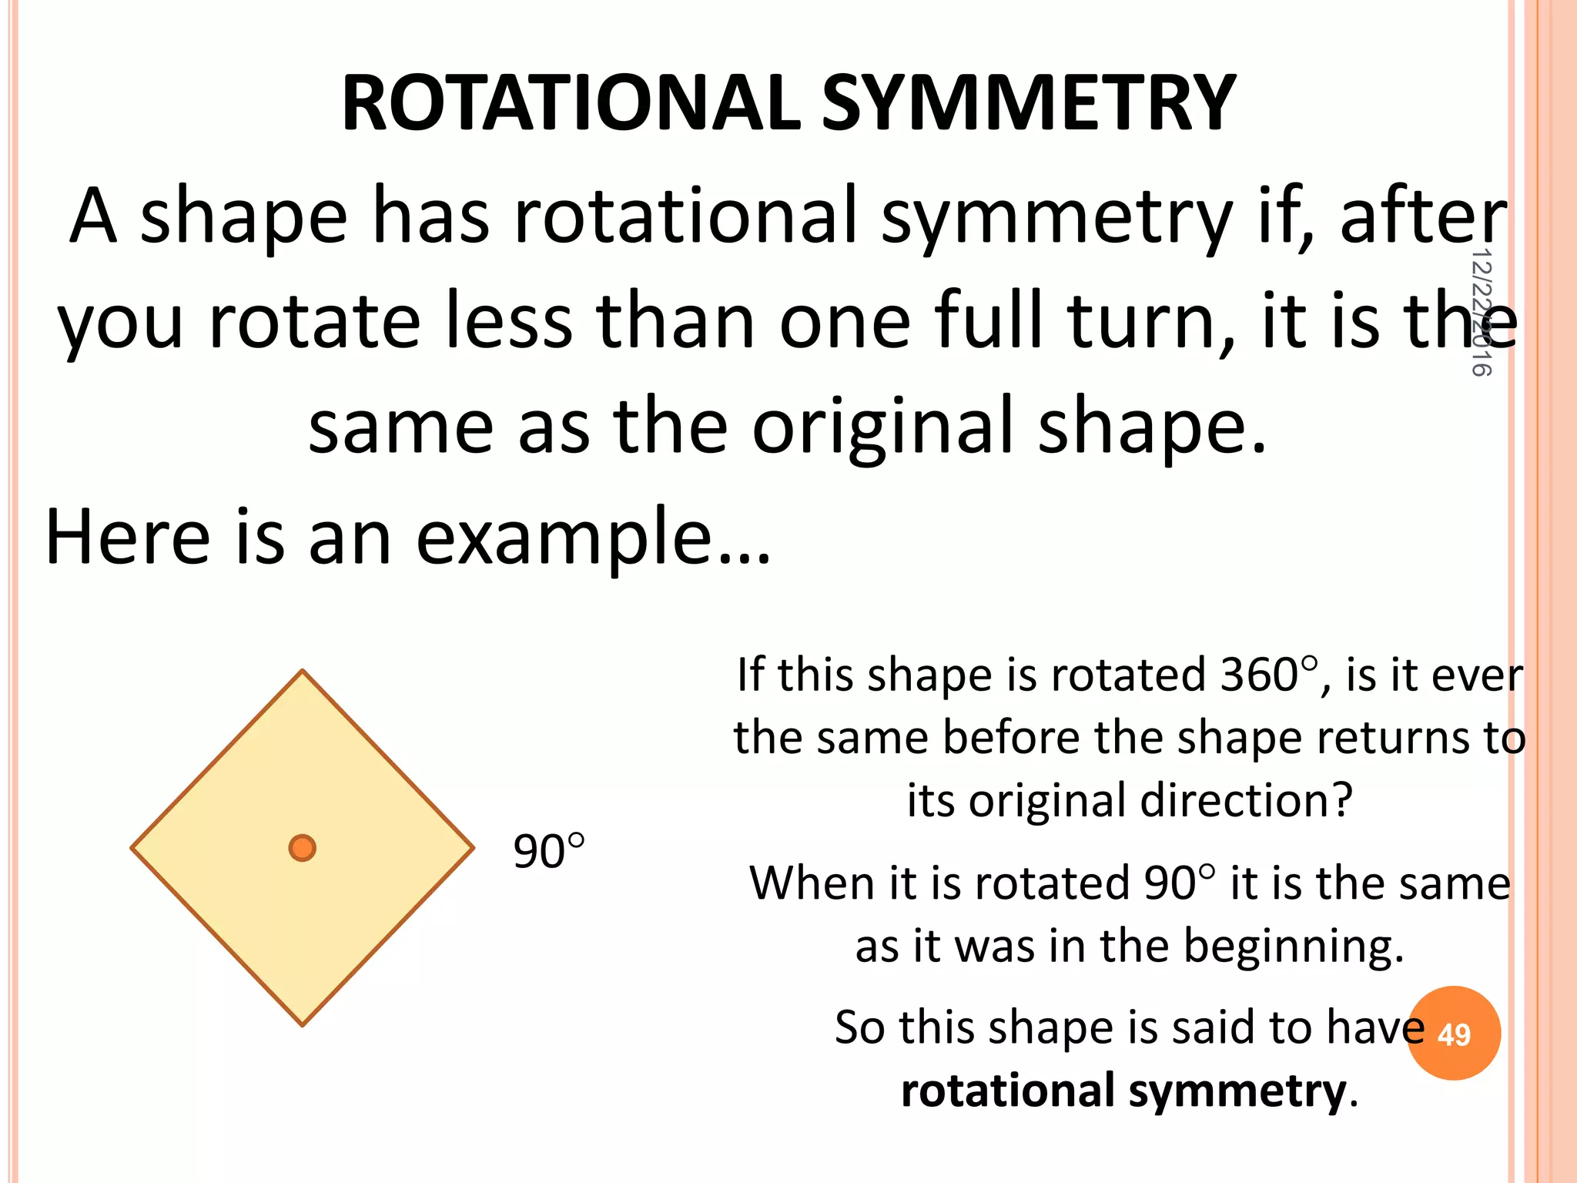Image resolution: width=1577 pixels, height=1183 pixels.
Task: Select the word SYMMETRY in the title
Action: point(1028,104)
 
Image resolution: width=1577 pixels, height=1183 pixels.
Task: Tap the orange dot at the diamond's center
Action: point(303,848)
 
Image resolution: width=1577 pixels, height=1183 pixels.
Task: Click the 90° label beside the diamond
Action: point(548,852)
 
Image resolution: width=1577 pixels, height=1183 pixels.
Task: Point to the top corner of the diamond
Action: point(303,672)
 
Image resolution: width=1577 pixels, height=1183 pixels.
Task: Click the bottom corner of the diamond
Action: point(303,1024)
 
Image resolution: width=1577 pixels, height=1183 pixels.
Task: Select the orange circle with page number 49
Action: point(1454,1034)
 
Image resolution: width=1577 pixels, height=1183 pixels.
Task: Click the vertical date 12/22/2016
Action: point(1482,312)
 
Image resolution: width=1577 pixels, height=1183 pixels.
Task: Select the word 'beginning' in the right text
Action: point(1293,946)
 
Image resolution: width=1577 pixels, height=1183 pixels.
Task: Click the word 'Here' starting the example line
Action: point(128,538)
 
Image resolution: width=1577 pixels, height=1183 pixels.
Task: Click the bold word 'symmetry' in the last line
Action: point(1237,1091)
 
